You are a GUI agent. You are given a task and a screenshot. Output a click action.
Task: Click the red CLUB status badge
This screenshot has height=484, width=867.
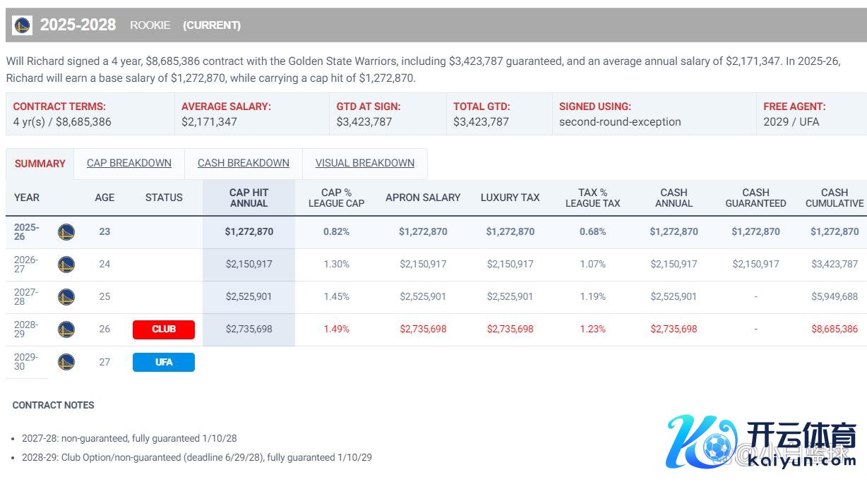[163, 329]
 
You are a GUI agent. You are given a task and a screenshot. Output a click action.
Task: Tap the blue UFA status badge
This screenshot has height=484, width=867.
[163, 362]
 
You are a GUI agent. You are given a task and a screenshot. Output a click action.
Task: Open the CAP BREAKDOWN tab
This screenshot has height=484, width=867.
[129, 163]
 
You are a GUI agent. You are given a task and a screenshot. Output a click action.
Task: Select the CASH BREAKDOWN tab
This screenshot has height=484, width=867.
[244, 163]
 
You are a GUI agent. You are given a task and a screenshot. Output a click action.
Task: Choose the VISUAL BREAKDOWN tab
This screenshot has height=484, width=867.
[364, 163]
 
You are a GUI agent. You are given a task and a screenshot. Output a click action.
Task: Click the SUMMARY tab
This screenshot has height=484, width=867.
[40, 164]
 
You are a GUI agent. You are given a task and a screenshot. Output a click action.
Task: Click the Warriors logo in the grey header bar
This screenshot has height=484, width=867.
[23, 25]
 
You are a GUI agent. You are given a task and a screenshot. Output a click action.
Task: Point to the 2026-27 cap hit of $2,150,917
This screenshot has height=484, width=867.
[249, 264]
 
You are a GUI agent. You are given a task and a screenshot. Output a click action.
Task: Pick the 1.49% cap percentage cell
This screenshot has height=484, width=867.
[336, 329]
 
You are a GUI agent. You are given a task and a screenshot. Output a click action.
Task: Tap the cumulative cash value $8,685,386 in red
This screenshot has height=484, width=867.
[834, 329]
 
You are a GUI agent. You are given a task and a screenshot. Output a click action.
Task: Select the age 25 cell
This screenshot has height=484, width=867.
[104, 296]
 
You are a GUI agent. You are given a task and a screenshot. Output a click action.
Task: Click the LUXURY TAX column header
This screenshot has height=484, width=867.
[510, 198]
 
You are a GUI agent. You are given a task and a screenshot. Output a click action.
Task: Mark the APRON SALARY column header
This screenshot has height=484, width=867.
[422, 198]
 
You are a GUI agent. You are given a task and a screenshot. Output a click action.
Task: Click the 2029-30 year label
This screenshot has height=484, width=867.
[26, 362]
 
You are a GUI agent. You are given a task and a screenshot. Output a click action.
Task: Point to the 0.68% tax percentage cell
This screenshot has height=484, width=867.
[592, 231]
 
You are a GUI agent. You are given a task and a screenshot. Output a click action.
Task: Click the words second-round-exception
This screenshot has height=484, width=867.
[620, 121]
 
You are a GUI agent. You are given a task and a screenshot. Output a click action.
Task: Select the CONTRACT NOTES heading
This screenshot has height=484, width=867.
[53, 405]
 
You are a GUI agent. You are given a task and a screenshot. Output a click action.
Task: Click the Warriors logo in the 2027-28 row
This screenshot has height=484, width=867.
[66, 297]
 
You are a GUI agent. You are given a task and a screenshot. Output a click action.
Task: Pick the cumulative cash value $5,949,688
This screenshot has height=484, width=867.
[834, 296]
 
